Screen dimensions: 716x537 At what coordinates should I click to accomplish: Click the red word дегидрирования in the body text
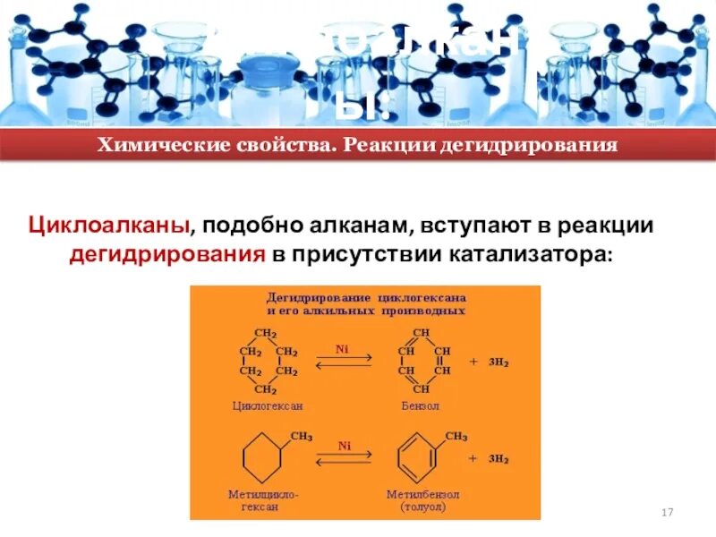click(167, 253)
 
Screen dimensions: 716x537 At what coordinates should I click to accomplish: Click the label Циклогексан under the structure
click(268, 405)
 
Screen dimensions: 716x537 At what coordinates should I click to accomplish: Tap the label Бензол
click(421, 405)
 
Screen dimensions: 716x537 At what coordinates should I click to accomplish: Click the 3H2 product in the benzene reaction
click(498, 362)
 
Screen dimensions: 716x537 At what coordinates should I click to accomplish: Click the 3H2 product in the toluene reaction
click(498, 458)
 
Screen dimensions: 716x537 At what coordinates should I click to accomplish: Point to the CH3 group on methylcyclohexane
click(301, 436)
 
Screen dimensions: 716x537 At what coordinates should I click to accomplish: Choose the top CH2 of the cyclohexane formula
click(266, 334)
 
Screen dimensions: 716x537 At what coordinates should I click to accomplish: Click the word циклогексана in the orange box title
click(427, 296)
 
